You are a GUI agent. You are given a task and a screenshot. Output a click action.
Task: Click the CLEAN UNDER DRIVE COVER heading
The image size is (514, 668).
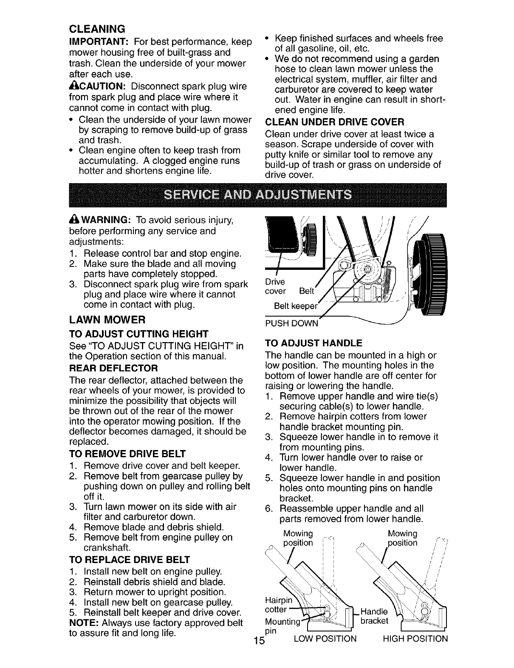pyautogui.click(x=334, y=122)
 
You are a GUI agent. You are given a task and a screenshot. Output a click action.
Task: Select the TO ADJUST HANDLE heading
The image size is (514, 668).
pyautogui.click(x=313, y=343)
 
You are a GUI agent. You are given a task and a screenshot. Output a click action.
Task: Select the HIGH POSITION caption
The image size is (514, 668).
pyautogui.click(x=415, y=638)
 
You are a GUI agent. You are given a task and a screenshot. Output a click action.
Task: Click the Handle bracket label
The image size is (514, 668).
pyautogui.click(x=374, y=617)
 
